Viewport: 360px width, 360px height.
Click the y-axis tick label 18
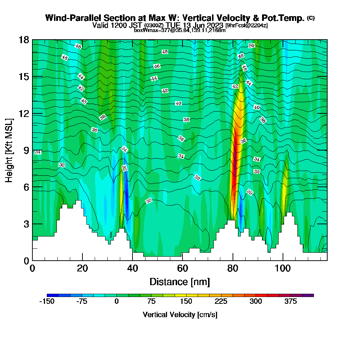click(x=24, y=40)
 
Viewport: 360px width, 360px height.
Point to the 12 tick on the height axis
click(x=24, y=113)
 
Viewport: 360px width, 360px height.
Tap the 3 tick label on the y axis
click(x=26, y=224)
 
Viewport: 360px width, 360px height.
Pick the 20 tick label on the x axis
click(x=82, y=269)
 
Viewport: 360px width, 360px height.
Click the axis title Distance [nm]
click(x=180, y=282)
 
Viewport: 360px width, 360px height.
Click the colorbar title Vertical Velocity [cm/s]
click(x=180, y=315)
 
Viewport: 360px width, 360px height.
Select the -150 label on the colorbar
click(x=46, y=302)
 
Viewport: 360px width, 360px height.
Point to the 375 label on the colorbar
click(x=291, y=302)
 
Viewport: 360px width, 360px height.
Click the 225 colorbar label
click(x=221, y=302)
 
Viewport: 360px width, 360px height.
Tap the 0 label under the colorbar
click(x=116, y=302)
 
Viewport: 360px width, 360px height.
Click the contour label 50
click(x=252, y=46)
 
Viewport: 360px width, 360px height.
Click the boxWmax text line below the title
click(x=180, y=30)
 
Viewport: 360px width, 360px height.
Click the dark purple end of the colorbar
click(x=310, y=295)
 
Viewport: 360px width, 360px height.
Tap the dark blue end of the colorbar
click(x=50, y=295)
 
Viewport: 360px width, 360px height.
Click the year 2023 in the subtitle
click(x=215, y=25)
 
